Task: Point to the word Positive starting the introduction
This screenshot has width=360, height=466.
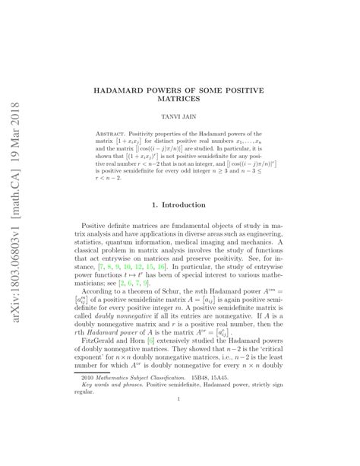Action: pyautogui.click(x=109, y=226)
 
